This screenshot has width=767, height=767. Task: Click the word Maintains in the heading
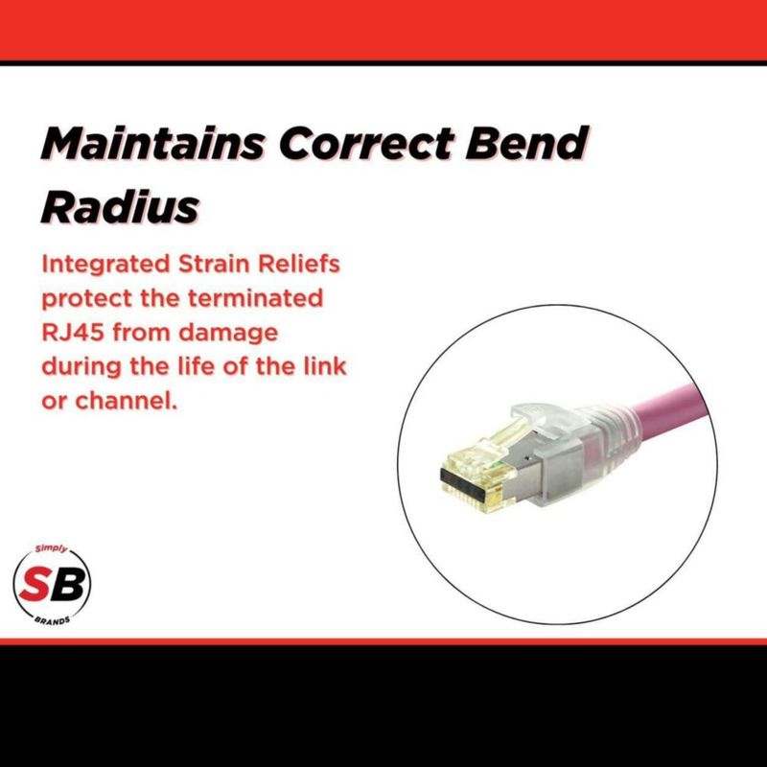pos(152,142)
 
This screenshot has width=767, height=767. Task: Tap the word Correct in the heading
pos(365,142)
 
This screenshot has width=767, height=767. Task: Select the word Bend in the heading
pos(526,142)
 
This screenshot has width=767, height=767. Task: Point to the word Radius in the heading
pos(121,206)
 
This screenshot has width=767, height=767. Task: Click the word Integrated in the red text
pos(105,265)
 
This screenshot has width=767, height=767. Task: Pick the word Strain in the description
pos(214,265)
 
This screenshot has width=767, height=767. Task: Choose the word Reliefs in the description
pos(299,265)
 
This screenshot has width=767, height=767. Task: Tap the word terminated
pos(256,298)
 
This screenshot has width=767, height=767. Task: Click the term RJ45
pos(73,333)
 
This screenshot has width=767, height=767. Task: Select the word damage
pos(228,334)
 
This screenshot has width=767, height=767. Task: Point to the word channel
pos(126,401)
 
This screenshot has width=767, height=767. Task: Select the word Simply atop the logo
pos(51,549)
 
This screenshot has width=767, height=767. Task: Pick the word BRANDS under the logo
pos(52,620)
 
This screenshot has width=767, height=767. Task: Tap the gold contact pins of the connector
pos(471,493)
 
